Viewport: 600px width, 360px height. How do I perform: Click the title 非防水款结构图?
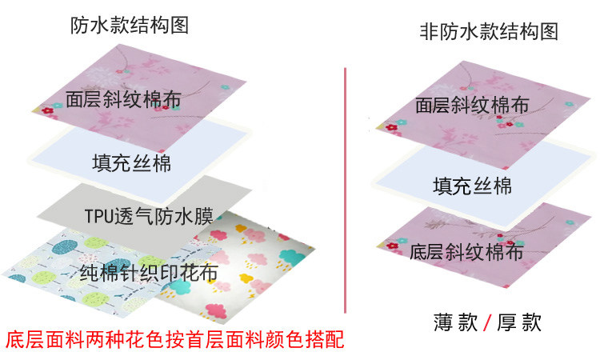(488, 32)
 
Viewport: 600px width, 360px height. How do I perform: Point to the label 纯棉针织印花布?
(150, 273)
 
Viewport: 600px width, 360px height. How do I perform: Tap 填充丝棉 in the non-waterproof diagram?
(472, 186)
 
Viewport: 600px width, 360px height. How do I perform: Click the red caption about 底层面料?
(174, 338)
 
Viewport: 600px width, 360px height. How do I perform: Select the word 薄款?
(456, 323)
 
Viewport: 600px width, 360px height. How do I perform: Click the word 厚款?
(519, 323)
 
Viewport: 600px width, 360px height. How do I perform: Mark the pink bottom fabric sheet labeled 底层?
(528, 240)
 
